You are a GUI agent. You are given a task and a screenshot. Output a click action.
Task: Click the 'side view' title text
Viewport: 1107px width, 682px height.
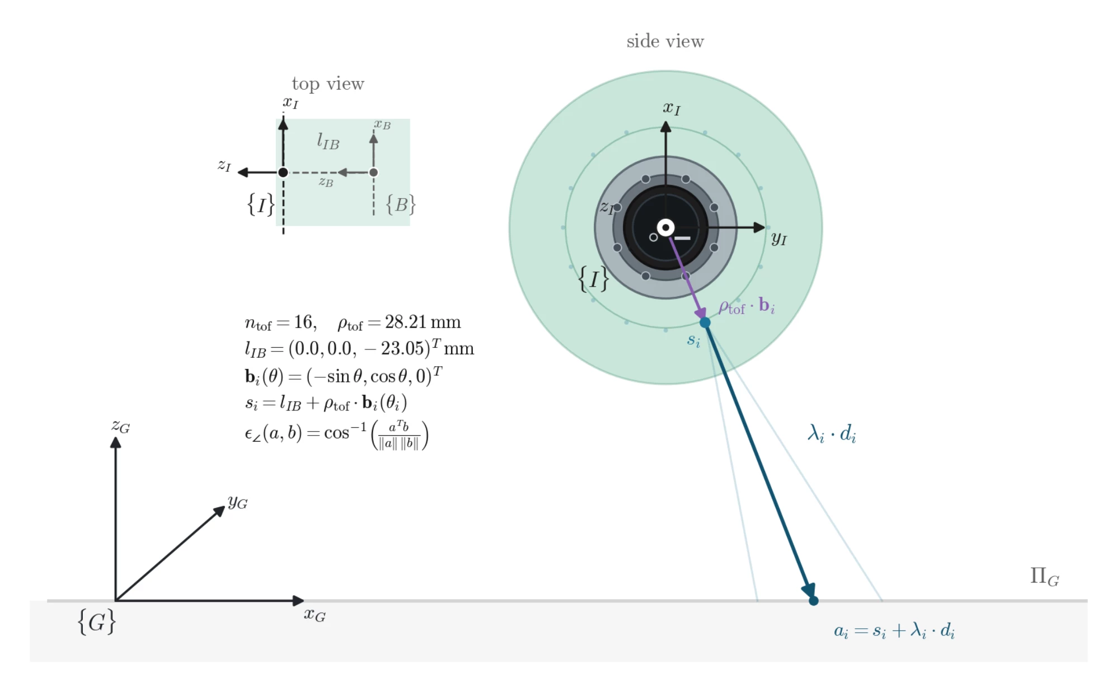click(x=665, y=41)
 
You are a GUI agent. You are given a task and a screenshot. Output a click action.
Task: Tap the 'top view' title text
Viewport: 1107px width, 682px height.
click(x=328, y=84)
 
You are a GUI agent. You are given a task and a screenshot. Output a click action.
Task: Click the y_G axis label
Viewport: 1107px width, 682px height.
click(x=237, y=502)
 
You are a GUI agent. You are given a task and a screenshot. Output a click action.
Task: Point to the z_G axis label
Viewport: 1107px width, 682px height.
click(x=120, y=427)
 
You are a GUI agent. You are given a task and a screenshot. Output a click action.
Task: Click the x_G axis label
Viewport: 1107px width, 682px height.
click(x=315, y=615)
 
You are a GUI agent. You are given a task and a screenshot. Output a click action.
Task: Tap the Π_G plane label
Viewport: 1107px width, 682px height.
click(x=1044, y=577)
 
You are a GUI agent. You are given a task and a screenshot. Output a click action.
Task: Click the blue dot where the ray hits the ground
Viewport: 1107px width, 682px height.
click(x=813, y=601)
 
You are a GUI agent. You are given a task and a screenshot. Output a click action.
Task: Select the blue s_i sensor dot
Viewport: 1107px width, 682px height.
click(x=705, y=323)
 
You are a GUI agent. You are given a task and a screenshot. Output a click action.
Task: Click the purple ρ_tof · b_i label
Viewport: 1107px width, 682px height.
click(x=747, y=307)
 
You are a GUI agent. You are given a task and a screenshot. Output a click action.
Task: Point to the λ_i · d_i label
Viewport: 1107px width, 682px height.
click(x=832, y=434)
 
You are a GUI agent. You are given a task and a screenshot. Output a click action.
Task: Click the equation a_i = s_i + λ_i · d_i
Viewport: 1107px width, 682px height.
click(x=894, y=630)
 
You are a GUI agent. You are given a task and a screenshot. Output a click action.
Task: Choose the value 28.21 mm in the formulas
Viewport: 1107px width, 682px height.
click(x=423, y=322)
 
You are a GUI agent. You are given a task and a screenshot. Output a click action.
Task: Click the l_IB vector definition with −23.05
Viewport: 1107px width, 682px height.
click(x=359, y=349)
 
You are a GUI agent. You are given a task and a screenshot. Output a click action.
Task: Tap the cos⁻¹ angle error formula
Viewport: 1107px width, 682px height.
click(x=336, y=435)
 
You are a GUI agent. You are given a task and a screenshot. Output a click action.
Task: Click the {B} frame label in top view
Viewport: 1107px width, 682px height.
click(x=401, y=204)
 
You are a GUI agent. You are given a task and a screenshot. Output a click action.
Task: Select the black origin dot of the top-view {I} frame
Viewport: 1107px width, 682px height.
click(x=283, y=172)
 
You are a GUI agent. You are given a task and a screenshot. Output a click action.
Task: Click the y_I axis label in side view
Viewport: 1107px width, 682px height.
click(x=778, y=239)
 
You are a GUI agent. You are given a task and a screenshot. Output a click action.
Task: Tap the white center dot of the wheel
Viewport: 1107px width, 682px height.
click(x=665, y=227)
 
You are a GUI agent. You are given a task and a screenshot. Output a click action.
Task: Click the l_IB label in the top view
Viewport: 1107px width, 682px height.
click(x=328, y=141)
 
